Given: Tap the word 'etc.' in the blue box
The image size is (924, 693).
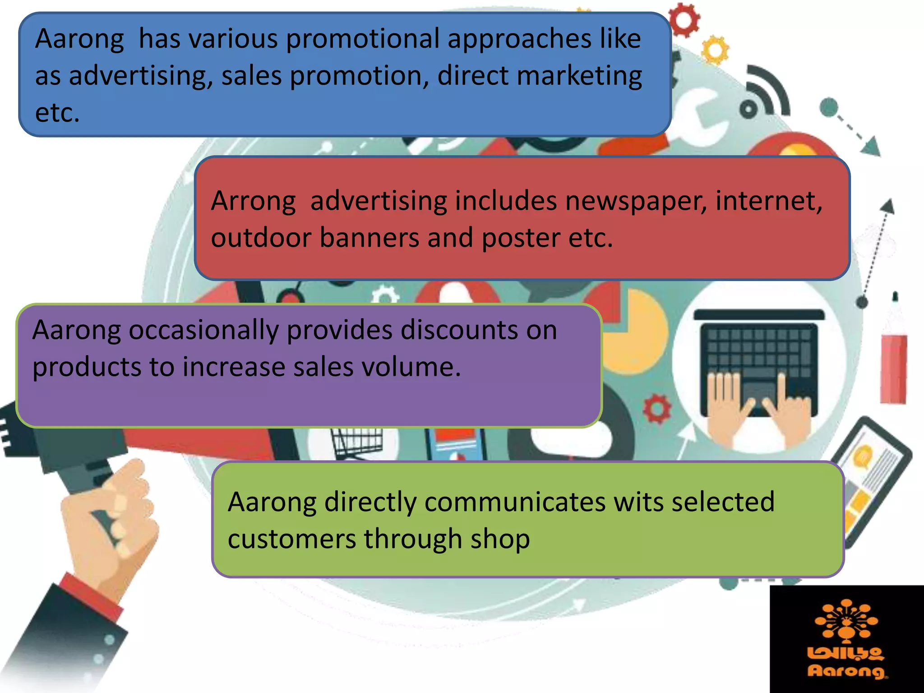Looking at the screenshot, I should click(57, 113).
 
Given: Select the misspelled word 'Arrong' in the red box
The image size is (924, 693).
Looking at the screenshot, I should click(253, 201).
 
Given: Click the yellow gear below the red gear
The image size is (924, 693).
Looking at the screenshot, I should click(715, 50).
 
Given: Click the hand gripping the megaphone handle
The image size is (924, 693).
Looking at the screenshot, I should click(113, 519).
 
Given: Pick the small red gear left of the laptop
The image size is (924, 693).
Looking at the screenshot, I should click(657, 408).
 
